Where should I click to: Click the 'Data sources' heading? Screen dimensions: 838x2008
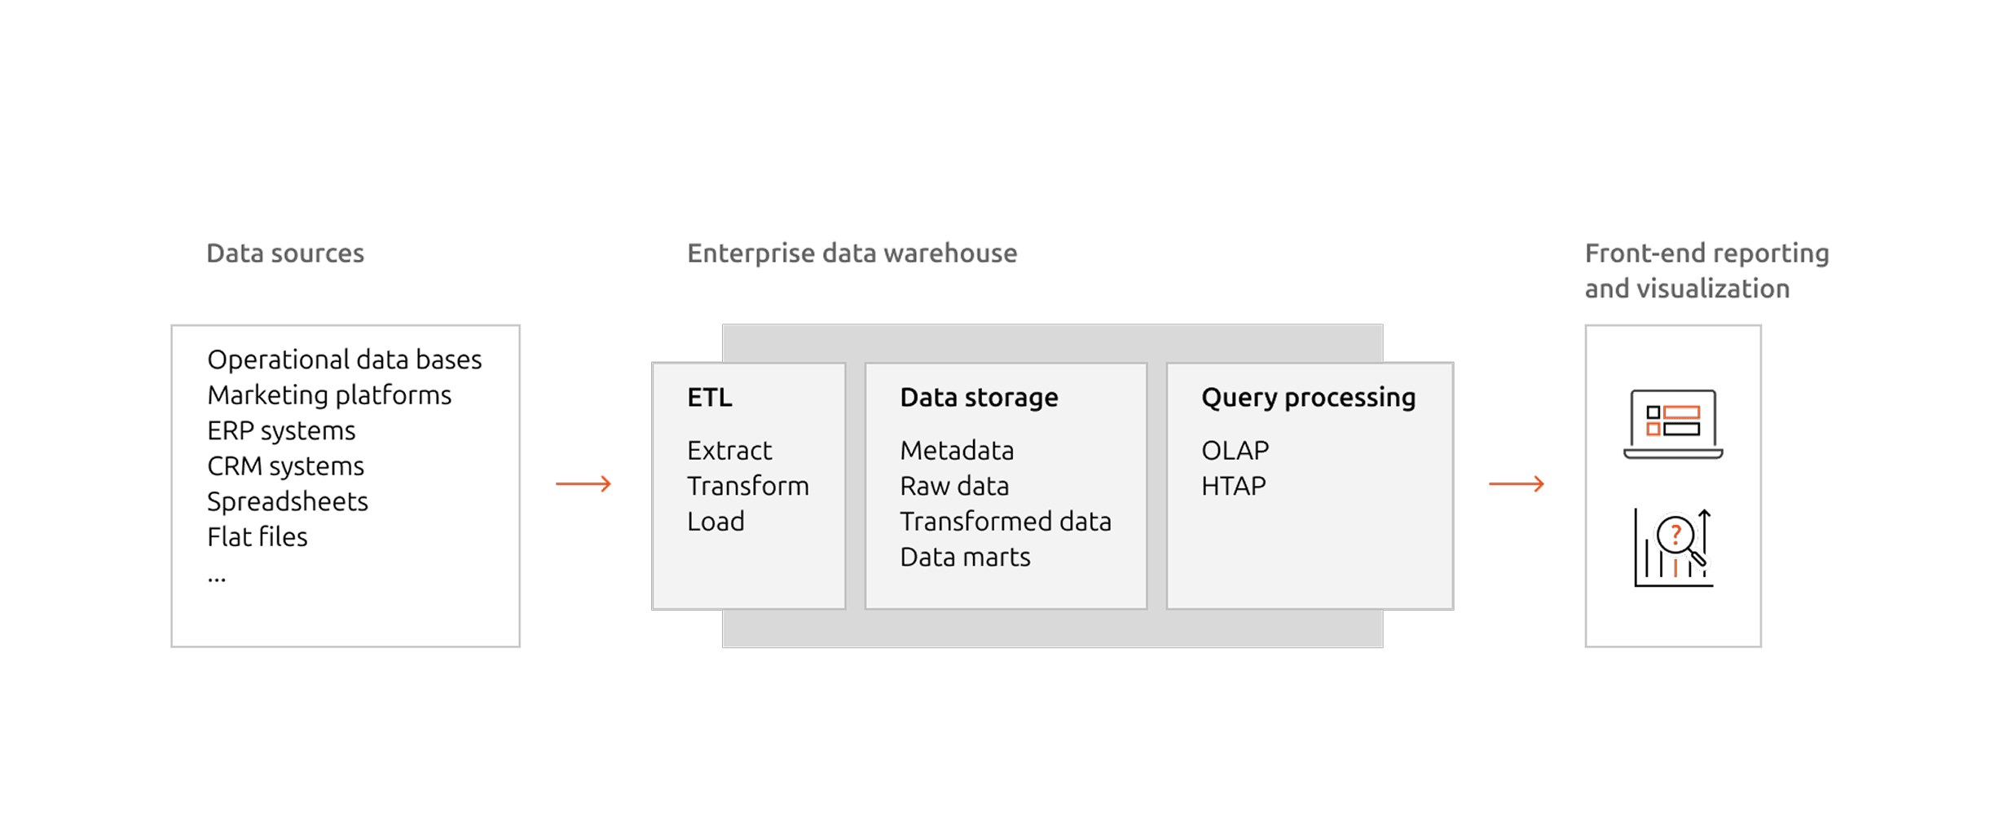pos(285,254)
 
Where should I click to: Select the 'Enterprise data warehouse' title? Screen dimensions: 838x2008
pos(852,254)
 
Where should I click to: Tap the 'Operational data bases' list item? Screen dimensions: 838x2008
pos(344,359)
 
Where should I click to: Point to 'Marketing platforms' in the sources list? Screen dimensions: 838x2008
pos(328,395)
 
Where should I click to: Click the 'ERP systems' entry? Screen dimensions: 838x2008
pos(281,430)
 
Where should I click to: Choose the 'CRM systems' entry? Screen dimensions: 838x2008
pos(285,466)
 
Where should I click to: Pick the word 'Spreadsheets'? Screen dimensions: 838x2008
pos(287,501)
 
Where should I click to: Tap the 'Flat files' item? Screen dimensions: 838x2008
pos(257,537)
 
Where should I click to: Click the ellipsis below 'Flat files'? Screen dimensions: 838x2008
pos(216,580)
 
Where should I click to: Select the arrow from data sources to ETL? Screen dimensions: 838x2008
pos(583,484)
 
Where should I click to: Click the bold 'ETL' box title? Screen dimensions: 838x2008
pos(709,398)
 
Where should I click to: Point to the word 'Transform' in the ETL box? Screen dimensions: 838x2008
pos(747,486)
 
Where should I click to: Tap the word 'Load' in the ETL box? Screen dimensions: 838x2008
pos(716,522)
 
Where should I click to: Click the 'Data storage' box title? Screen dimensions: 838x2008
pos(979,398)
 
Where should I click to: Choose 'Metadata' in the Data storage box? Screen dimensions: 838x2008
pos(957,451)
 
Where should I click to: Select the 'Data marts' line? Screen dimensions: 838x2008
pos(965,558)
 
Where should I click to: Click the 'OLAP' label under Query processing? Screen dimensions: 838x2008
pos(1235,451)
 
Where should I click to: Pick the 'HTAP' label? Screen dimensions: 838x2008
pos(1233,486)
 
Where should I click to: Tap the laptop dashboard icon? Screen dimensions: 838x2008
pos(1673,424)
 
